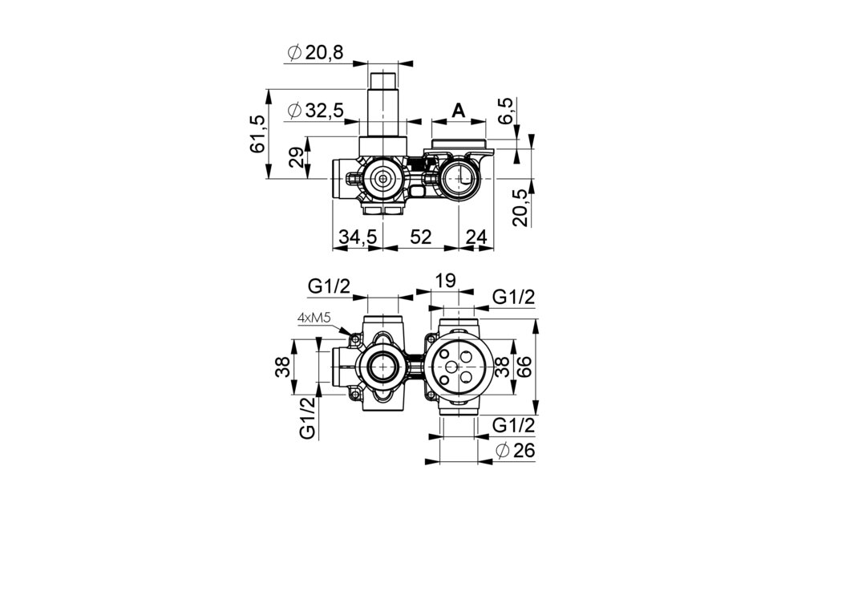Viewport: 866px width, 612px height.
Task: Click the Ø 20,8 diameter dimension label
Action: point(315,52)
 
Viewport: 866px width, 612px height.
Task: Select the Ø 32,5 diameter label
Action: point(315,111)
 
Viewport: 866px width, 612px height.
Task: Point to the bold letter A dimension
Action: point(459,111)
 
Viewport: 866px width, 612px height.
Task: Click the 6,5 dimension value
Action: point(507,111)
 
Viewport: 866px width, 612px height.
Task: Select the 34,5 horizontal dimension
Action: point(358,237)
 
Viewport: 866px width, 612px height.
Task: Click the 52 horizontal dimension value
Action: point(420,237)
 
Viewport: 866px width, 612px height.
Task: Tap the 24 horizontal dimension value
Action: point(476,237)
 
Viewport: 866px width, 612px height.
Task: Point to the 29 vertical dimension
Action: point(296,158)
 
